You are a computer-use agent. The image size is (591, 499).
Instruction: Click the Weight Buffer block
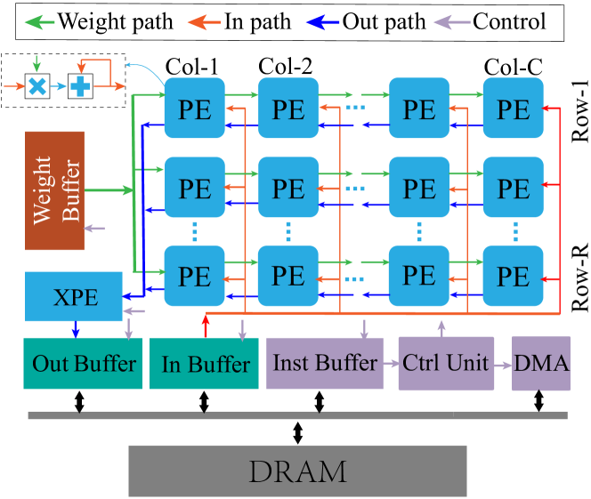click(54, 190)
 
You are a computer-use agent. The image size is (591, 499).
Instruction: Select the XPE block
click(74, 297)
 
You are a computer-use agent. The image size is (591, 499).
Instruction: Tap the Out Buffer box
click(83, 364)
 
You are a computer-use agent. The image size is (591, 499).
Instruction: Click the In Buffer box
click(206, 364)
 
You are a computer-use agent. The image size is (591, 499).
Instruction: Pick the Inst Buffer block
click(324, 363)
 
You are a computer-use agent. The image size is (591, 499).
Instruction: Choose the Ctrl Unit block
click(446, 363)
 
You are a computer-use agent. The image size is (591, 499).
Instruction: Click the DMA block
click(540, 363)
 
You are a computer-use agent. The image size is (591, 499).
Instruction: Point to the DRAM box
click(297, 471)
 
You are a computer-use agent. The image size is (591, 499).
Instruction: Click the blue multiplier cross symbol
click(36, 86)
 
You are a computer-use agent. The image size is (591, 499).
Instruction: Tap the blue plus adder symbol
click(80, 86)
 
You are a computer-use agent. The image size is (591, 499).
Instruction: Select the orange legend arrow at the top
click(204, 22)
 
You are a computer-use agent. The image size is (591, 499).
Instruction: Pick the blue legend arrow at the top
click(322, 22)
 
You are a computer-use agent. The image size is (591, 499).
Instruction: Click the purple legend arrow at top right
click(451, 22)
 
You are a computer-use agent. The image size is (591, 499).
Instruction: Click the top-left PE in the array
click(194, 109)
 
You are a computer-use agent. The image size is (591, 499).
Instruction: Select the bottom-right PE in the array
click(513, 276)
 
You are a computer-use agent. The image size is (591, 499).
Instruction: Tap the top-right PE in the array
click(513, 109)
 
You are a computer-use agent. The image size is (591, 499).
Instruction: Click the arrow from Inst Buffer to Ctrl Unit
click(390, 363)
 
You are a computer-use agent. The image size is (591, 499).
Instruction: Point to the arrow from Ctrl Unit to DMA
click(503, 363)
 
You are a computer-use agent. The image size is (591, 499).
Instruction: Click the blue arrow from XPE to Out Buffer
click(76, 329)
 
